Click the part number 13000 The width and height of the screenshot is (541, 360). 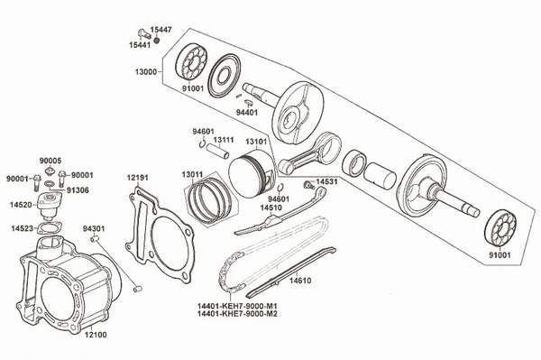(148, 71)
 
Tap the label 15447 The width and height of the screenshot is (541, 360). (160, 30)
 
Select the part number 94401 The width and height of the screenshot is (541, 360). (247, 113)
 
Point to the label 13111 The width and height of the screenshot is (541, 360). (224, 140)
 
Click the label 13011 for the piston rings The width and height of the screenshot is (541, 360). (191, 173)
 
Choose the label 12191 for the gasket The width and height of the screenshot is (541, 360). (137, 177)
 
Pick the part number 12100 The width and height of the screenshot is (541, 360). (95, 334)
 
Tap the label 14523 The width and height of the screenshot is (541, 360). (23, 228)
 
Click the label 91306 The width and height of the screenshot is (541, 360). (78, 190)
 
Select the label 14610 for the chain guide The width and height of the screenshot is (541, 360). (301, 281)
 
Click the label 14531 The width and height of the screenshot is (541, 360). (326, 181)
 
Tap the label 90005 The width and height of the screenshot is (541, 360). (50, 160)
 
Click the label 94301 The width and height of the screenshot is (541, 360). (95, 228)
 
